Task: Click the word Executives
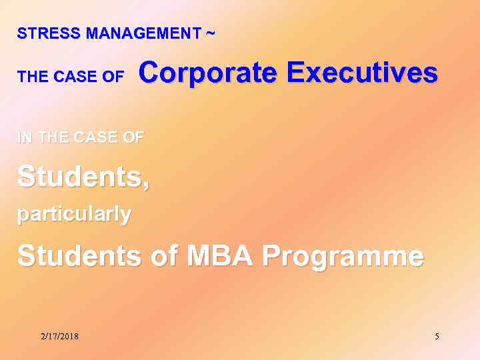(362, 72)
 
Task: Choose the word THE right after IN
(53, 137)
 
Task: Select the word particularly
(74, 215)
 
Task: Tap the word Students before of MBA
(79, 256)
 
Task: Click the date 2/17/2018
(59, 337)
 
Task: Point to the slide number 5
(437, 337)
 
